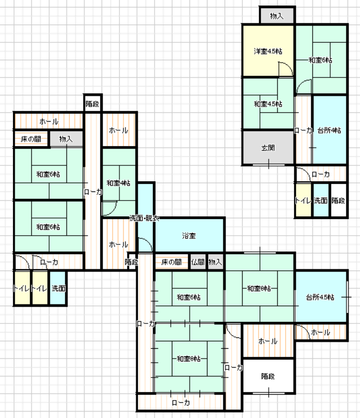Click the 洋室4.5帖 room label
coord(268,51)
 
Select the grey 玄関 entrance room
coord(268,148)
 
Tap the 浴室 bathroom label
coord(189,236)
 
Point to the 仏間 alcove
coord(198,262)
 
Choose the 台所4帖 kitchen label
coord(329,130)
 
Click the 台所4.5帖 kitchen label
coord(320,297)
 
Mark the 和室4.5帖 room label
coord(268,104)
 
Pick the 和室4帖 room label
coord(118,183)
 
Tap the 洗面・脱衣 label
coord(144,218)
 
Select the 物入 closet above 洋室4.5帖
coord(277,16)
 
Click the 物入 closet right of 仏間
coord(215,262)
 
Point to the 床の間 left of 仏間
coord(171,262)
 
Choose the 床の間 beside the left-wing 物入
coord(31,138)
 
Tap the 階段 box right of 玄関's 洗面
coord(338,200)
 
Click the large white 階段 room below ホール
coord(268,376)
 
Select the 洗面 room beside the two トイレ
coord(58,288)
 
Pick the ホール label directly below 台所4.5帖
coord(321,332)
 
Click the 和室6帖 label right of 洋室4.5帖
coord(321,60)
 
